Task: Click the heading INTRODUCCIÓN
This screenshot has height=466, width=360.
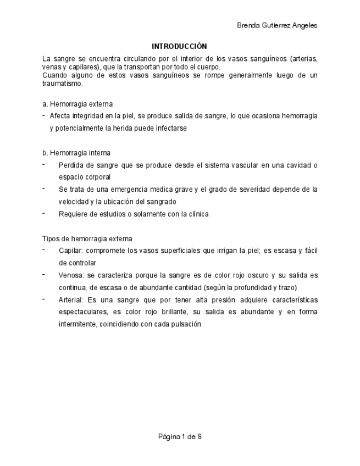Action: [179, 46]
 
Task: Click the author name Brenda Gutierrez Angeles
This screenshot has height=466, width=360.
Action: [276, 25]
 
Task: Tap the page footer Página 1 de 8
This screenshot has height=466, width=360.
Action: [180, 437]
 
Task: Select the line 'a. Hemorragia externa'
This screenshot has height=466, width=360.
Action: [77, 104]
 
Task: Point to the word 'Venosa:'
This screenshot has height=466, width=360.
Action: [71, 275]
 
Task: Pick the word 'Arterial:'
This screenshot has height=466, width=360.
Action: [71, 300]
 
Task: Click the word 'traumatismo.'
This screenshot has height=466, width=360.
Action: [63, 84]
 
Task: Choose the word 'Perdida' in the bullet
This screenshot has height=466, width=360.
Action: [70, 165]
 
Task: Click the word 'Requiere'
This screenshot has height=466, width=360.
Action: [72, 214]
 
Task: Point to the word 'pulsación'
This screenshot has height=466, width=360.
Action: [186, 324]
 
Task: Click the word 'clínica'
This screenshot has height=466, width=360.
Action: [197, 214]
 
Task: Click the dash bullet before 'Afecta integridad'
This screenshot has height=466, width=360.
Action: [44, 116]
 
